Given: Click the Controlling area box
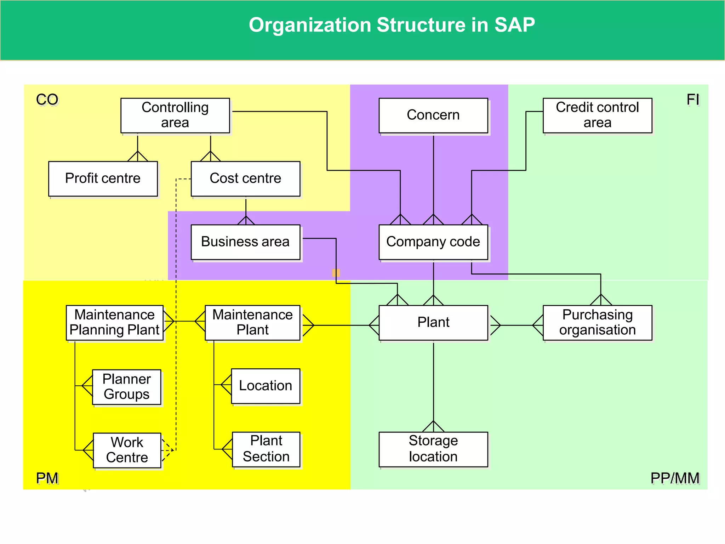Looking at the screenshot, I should pos(175,115).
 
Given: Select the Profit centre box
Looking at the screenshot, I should pos(103,178).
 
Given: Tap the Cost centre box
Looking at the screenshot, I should pos(245,178).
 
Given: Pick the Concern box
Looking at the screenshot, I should pos(433,115).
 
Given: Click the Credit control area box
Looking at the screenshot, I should pos(597,115).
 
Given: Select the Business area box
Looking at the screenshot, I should pos(245,242).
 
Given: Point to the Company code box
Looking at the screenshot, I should pos(433,242).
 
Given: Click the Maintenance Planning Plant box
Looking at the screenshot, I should pos(115,323).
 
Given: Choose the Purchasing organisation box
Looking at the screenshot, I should pos(597,323).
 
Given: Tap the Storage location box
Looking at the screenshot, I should pos(433,449).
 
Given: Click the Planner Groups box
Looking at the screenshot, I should pos(126,387).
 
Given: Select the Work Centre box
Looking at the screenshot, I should pos(127,450).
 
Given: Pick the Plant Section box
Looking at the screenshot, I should pos(266,449).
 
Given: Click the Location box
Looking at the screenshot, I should pos(266,386).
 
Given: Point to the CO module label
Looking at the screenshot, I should pos(47,100).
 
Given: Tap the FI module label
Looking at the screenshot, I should pos(693,100).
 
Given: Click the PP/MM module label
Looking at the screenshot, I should pos(675,478).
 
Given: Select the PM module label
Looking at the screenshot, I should pos(47,478).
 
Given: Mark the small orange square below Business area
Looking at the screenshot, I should pos(336,273).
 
